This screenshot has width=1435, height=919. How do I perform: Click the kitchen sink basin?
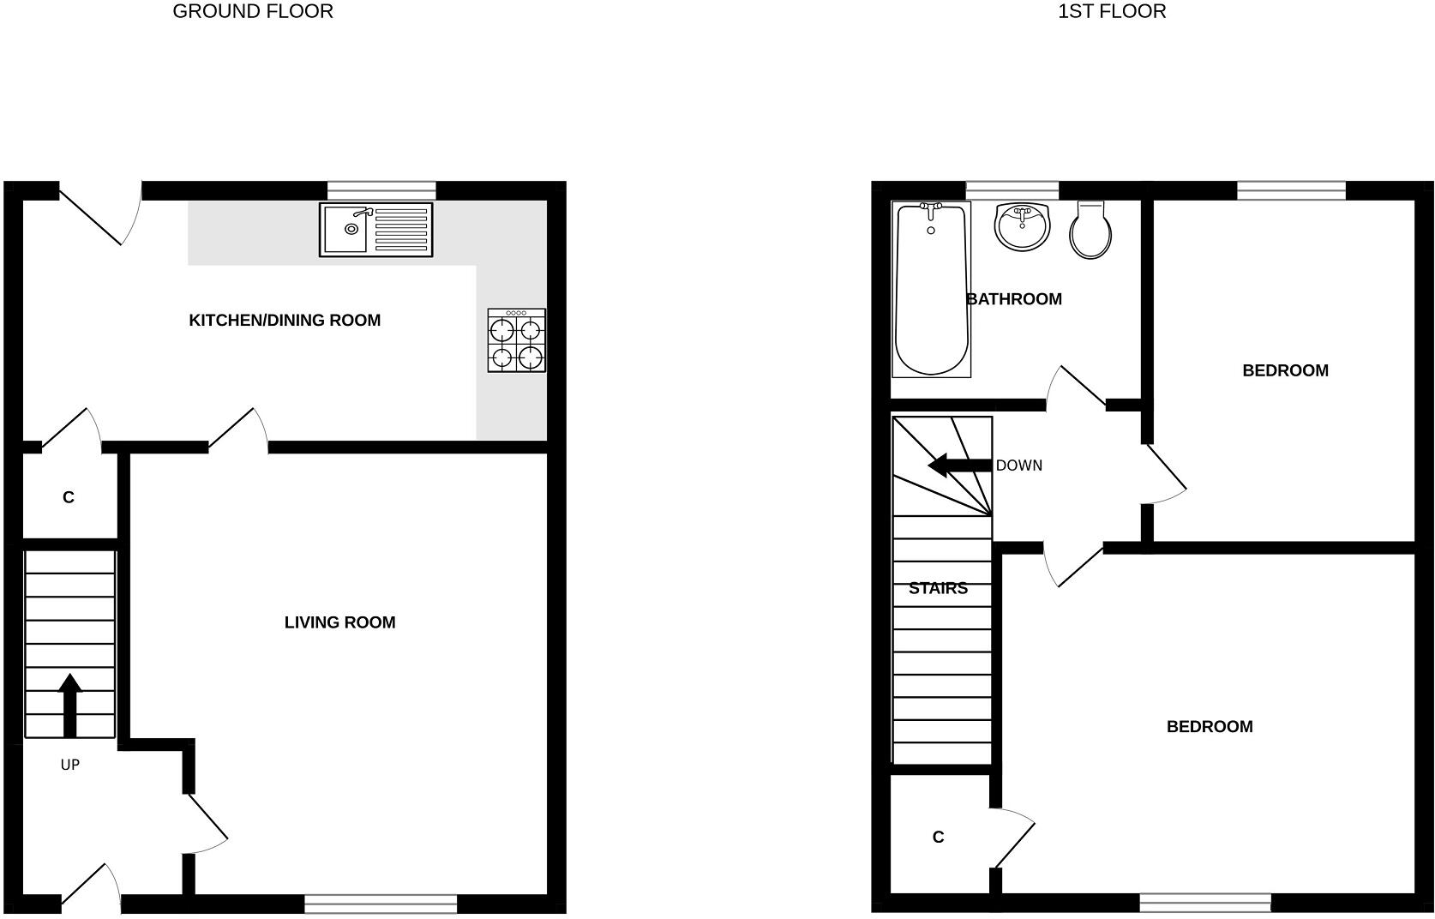click(x=345, y=229)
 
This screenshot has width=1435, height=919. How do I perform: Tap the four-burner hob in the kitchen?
click(x=517, y=340)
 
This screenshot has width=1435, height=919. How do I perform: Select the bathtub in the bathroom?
click(x=931, y=289)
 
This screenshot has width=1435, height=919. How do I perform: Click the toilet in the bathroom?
click(x=1091, y=231)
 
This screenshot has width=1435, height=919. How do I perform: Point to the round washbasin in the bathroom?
click(x=1022, y=227)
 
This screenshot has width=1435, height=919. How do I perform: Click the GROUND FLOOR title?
click(x=253, y=11)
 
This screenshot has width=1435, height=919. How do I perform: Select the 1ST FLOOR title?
click(x=1112, y=11)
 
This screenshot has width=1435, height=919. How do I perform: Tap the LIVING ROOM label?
click(x=339, y=622)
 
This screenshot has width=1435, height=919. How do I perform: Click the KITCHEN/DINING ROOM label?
click(x=285, y=321)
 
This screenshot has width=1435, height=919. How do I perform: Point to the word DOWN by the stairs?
click(x=1019, y=466)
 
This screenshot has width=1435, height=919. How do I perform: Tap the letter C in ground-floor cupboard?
click(x=69, y=497)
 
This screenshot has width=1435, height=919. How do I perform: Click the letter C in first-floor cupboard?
click(x=938, y=838)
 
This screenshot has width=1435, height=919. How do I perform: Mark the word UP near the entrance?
click(x=70, y=765)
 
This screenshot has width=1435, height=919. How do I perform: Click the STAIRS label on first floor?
click(x=938, y=588)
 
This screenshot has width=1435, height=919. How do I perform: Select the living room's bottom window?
click(x=381, y=903)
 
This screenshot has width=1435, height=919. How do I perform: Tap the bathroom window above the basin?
click(x=1012, y=190)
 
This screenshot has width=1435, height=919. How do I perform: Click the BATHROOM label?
click(x=1014, y=299)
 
